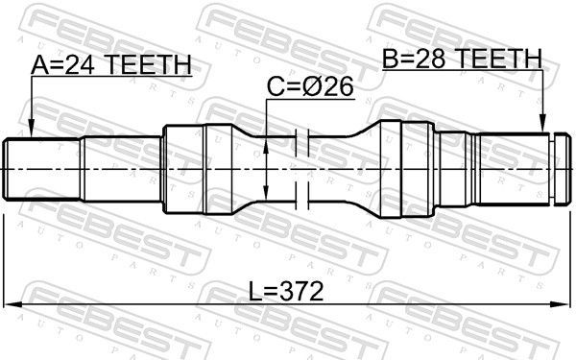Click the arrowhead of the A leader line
coord(31,134)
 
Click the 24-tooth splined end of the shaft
coord(44,168)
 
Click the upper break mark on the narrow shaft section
coord(301,141)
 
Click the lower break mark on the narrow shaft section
coord(301,196)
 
